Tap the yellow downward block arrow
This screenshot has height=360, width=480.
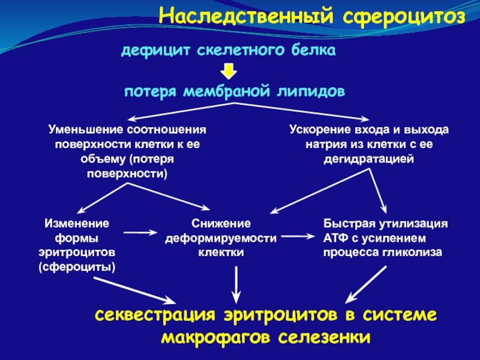[229, 71]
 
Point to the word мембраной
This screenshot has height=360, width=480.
[227, 91]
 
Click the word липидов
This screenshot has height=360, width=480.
[311, 92]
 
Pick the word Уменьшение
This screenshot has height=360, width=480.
[86, 130]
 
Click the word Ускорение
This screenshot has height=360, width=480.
[320, 130]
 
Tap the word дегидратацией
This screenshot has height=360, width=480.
[369, 160]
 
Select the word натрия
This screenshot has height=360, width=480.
[326, 145]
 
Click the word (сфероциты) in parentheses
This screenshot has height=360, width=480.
[77, 267]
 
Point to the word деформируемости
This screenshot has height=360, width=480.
[221, 238]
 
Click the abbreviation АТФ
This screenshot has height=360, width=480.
[335, 238]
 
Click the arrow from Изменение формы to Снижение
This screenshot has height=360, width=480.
[140, 233]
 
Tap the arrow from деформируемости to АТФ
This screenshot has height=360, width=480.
[298, 236]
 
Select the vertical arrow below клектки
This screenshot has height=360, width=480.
[236, 284]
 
